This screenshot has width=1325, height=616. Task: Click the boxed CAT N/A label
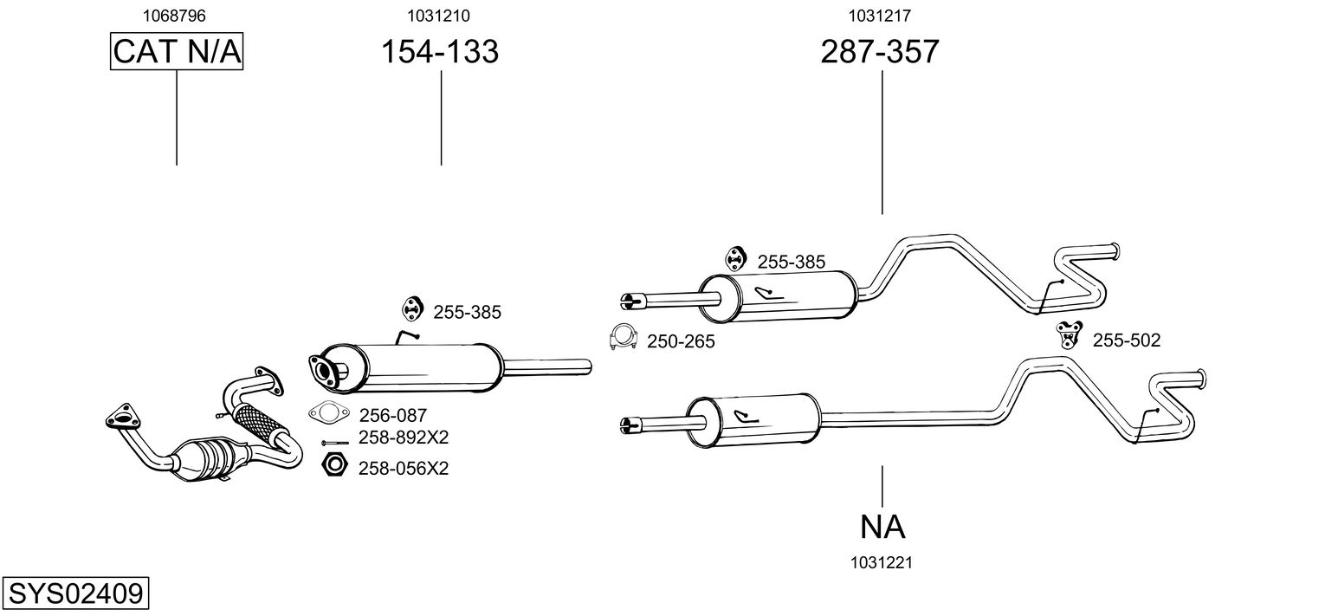tap(177, 52)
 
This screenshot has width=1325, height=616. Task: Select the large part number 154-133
tap(440, 52)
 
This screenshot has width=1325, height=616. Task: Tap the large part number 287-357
tap(879, 52)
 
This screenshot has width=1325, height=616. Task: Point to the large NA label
tap(882, 526)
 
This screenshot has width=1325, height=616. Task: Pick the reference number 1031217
tap(879, 15)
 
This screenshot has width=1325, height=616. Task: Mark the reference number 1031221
tap(882, 562)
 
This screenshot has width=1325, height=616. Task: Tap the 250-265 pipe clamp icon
tap(622, 338)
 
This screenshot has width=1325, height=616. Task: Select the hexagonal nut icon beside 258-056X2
tap(333, 465)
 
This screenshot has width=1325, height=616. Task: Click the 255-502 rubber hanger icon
tap(1069, 333)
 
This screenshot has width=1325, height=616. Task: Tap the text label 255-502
tap(1126, 341)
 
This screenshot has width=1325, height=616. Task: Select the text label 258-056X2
tap(403, 469)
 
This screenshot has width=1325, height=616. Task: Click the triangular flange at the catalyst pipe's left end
tap(122, 417)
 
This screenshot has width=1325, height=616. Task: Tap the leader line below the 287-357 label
tap(882, 142)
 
